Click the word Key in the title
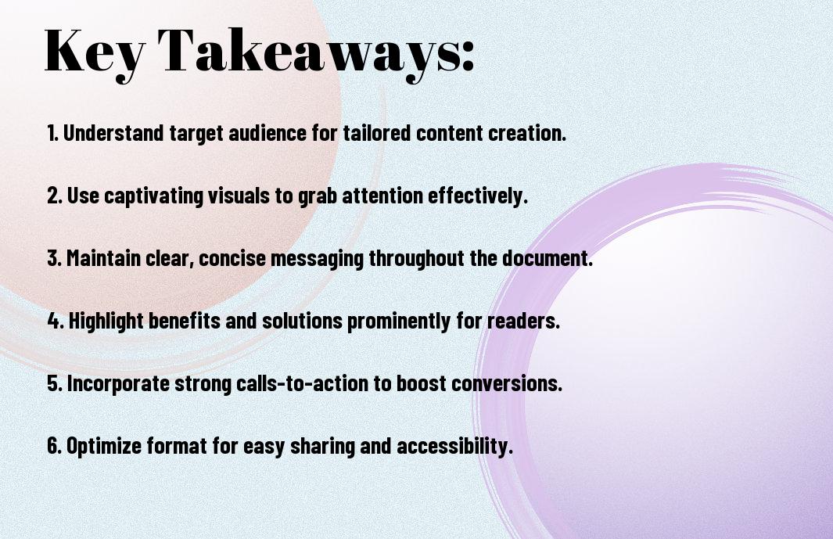coord(94,52)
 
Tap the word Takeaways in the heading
coord(307,52)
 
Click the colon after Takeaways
coord(468,56)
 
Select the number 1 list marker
coord(52,133)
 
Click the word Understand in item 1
coord(113,133)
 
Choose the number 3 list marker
coord(54,258)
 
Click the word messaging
coord(317,259)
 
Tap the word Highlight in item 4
coord(106,321)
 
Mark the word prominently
coord(398,321)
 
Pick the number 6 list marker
coord(54,445)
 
